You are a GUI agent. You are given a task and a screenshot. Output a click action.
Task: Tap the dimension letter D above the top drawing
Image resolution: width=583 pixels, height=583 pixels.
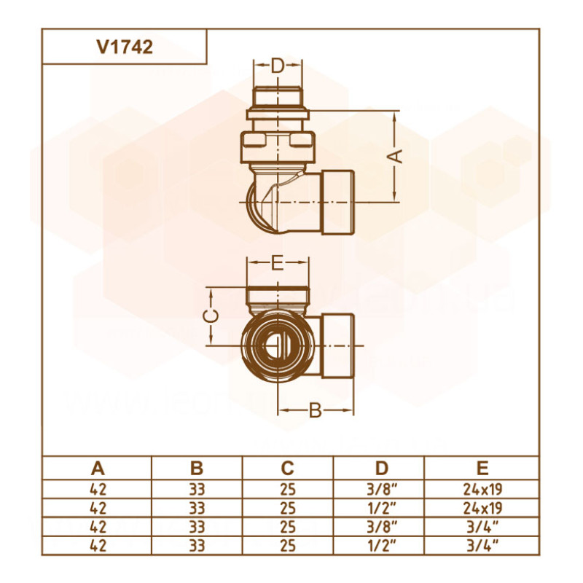point(277,66)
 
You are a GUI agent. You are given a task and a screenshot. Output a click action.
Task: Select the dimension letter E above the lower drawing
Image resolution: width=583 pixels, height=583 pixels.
point(277,264)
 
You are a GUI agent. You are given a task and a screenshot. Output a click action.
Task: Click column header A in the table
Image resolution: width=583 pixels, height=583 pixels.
point(96,468)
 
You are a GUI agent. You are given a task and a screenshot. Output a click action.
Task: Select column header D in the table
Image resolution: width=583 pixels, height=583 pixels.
point(378,468)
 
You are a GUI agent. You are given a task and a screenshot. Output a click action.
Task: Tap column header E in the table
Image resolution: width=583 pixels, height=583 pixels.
point(482,468)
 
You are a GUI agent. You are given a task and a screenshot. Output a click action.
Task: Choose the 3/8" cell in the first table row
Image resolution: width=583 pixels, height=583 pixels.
point(378,488)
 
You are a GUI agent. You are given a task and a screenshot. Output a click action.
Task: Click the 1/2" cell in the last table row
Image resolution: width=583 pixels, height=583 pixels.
point(378,544)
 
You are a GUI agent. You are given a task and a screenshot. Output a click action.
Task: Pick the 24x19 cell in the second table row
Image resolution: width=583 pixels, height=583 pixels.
point(482,506)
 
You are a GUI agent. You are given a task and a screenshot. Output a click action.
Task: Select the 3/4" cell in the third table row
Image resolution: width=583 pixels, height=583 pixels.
point(482,525)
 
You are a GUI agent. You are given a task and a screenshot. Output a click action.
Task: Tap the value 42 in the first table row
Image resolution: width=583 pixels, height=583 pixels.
point(96,488)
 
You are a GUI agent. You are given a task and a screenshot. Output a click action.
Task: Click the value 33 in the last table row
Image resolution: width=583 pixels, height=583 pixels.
point(196,544)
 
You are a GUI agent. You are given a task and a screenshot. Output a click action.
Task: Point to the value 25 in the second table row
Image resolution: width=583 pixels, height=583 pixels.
point(287,506)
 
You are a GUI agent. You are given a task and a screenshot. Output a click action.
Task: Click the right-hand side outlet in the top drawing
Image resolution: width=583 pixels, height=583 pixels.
point(337,200)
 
